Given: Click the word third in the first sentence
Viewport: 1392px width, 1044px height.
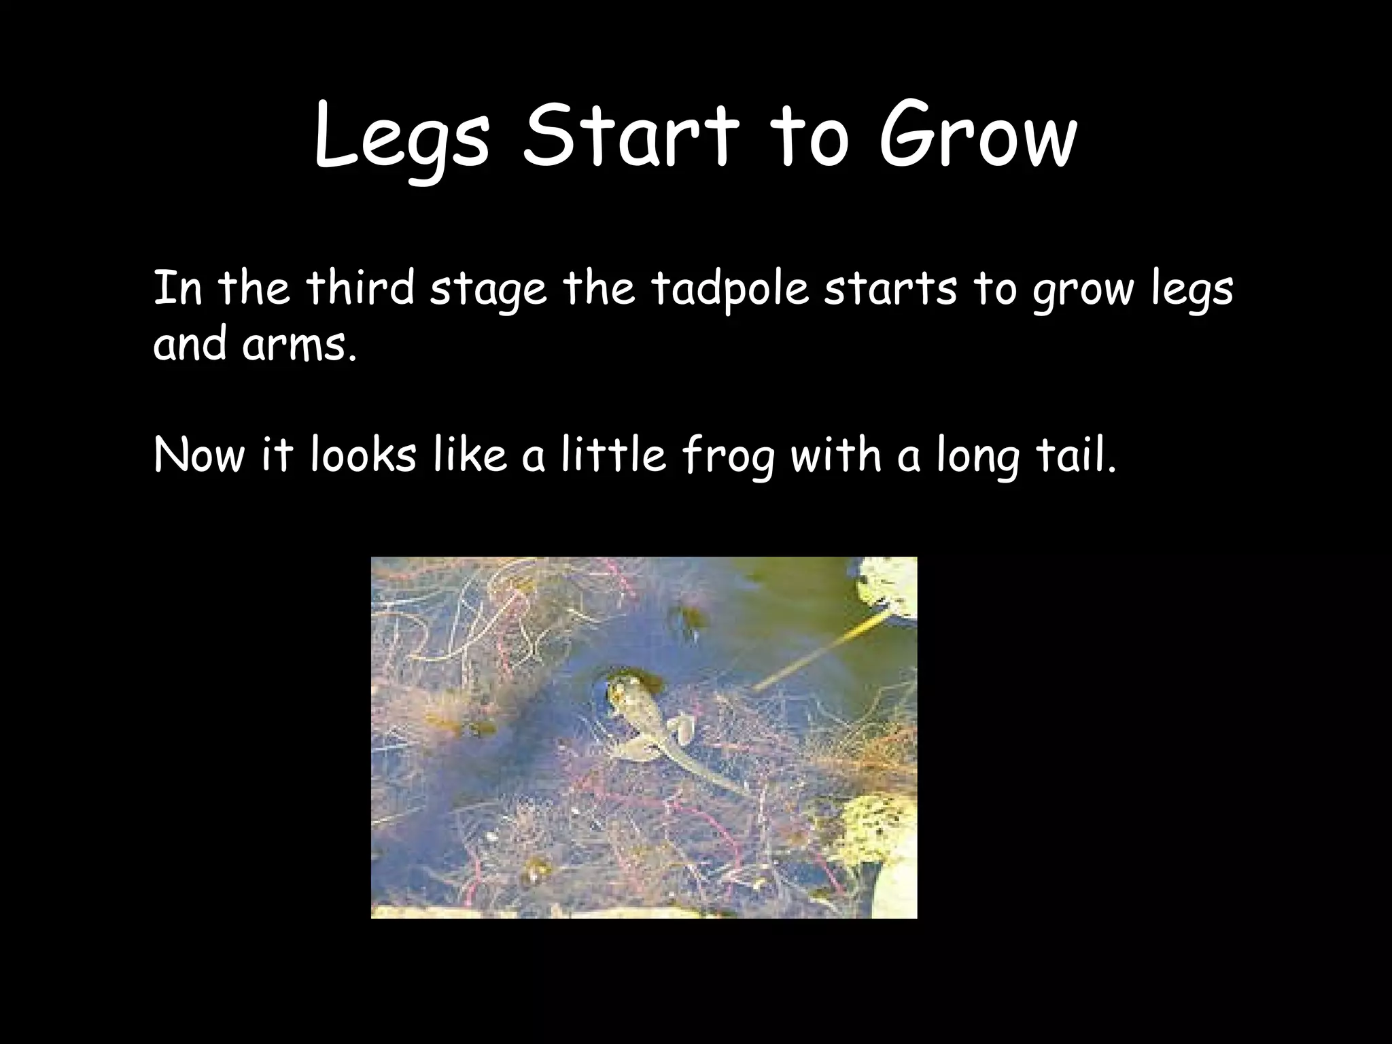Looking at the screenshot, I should tap(360, 289).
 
